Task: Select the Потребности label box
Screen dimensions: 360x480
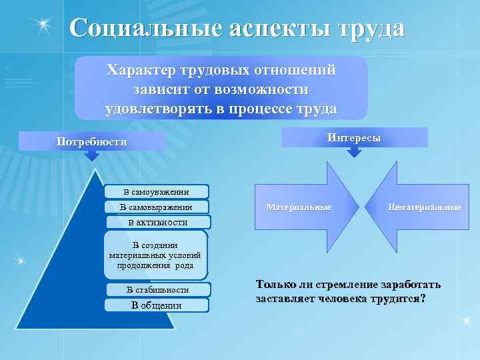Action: [x=91, y=141]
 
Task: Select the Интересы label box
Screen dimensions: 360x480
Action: [x=354, y=137]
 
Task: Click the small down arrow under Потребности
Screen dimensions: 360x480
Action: [x=91, y=155]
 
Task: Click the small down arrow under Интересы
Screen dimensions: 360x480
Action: [x=355, y=152]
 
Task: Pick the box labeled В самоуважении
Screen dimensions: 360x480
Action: [x=157, y=192]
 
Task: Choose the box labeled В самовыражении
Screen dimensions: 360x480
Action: [x=157, y=207]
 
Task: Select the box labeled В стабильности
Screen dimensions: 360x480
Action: [x=158, y=290]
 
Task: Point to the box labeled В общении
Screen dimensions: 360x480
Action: [x=157, y=305]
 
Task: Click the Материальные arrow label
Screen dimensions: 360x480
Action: [x=299, y=207]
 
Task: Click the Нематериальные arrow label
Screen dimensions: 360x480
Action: [x=425, y=207]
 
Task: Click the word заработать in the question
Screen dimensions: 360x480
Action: [x=405, y=285]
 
